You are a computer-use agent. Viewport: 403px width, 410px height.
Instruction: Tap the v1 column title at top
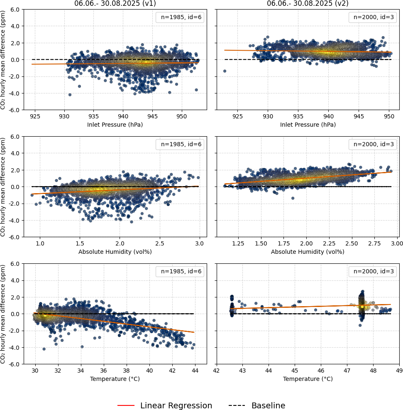115,3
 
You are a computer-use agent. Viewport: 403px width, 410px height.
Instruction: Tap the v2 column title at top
308,3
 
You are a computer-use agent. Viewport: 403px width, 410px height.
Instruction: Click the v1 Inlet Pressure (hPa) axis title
115,125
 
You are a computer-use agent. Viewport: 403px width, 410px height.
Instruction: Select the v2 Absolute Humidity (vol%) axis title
308,252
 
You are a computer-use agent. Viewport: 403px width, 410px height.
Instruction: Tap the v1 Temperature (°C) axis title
115,379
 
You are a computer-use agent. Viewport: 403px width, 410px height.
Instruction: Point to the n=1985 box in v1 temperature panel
180,272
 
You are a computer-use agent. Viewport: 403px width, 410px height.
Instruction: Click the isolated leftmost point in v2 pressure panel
225,71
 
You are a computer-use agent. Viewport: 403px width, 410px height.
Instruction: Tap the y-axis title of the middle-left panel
3,187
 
